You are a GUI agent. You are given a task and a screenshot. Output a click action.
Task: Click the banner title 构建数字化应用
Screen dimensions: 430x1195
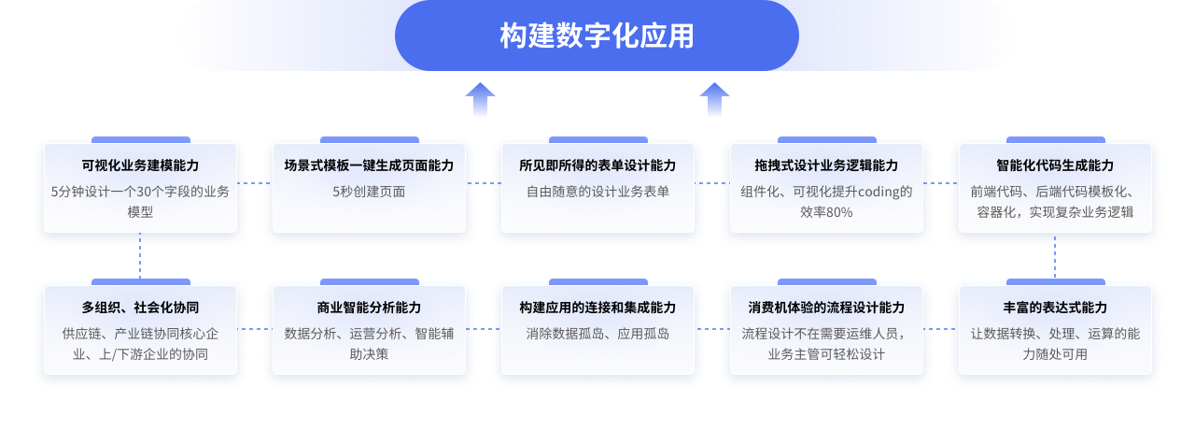tap(597, 36)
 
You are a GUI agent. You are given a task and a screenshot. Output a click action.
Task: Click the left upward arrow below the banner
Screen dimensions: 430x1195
tap(480, 98)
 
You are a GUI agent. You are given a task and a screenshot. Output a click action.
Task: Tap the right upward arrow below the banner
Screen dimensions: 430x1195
tap(714, 98)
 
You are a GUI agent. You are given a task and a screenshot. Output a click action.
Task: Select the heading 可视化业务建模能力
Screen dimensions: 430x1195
tap(140, 165)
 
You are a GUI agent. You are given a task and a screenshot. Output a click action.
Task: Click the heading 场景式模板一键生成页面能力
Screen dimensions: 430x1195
tap(369, 165)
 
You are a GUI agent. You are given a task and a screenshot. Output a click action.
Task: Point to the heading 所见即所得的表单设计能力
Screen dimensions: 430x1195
tap(597, 165)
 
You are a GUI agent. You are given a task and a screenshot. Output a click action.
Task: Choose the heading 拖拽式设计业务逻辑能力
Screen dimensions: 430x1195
tap(826, 165)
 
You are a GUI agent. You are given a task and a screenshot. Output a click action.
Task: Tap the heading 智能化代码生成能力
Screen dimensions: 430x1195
tap(1055, 165)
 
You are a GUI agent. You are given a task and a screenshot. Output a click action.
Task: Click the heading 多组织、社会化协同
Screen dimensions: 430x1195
tap(140, 308)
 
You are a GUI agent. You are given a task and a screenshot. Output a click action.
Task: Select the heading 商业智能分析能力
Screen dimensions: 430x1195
tap(369, 308)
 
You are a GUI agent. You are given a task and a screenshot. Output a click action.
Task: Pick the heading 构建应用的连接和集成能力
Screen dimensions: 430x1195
tap(597, 308)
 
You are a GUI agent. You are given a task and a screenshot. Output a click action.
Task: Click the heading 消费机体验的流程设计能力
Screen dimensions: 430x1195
tap(826, 308)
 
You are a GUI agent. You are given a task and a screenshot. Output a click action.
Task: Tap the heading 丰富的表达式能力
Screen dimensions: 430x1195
tap(1055, 308)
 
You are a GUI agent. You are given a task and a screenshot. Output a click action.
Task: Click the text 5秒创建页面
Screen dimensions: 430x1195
tap(369, 192)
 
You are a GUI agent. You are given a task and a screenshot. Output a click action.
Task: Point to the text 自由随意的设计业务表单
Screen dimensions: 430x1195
tap(597, 192)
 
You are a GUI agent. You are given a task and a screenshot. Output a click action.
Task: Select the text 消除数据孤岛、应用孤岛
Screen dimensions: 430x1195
tap(597, 333)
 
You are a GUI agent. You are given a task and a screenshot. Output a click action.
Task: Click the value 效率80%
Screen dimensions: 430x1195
tap(826, 212)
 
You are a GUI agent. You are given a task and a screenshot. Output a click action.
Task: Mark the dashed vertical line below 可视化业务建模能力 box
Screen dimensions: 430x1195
tap(140, 255)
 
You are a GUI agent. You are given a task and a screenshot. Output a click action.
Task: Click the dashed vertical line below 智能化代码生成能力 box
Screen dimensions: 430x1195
tap(1055, 255)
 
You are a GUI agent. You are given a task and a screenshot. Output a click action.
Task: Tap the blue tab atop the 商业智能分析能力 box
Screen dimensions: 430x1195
tap(369, 281)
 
